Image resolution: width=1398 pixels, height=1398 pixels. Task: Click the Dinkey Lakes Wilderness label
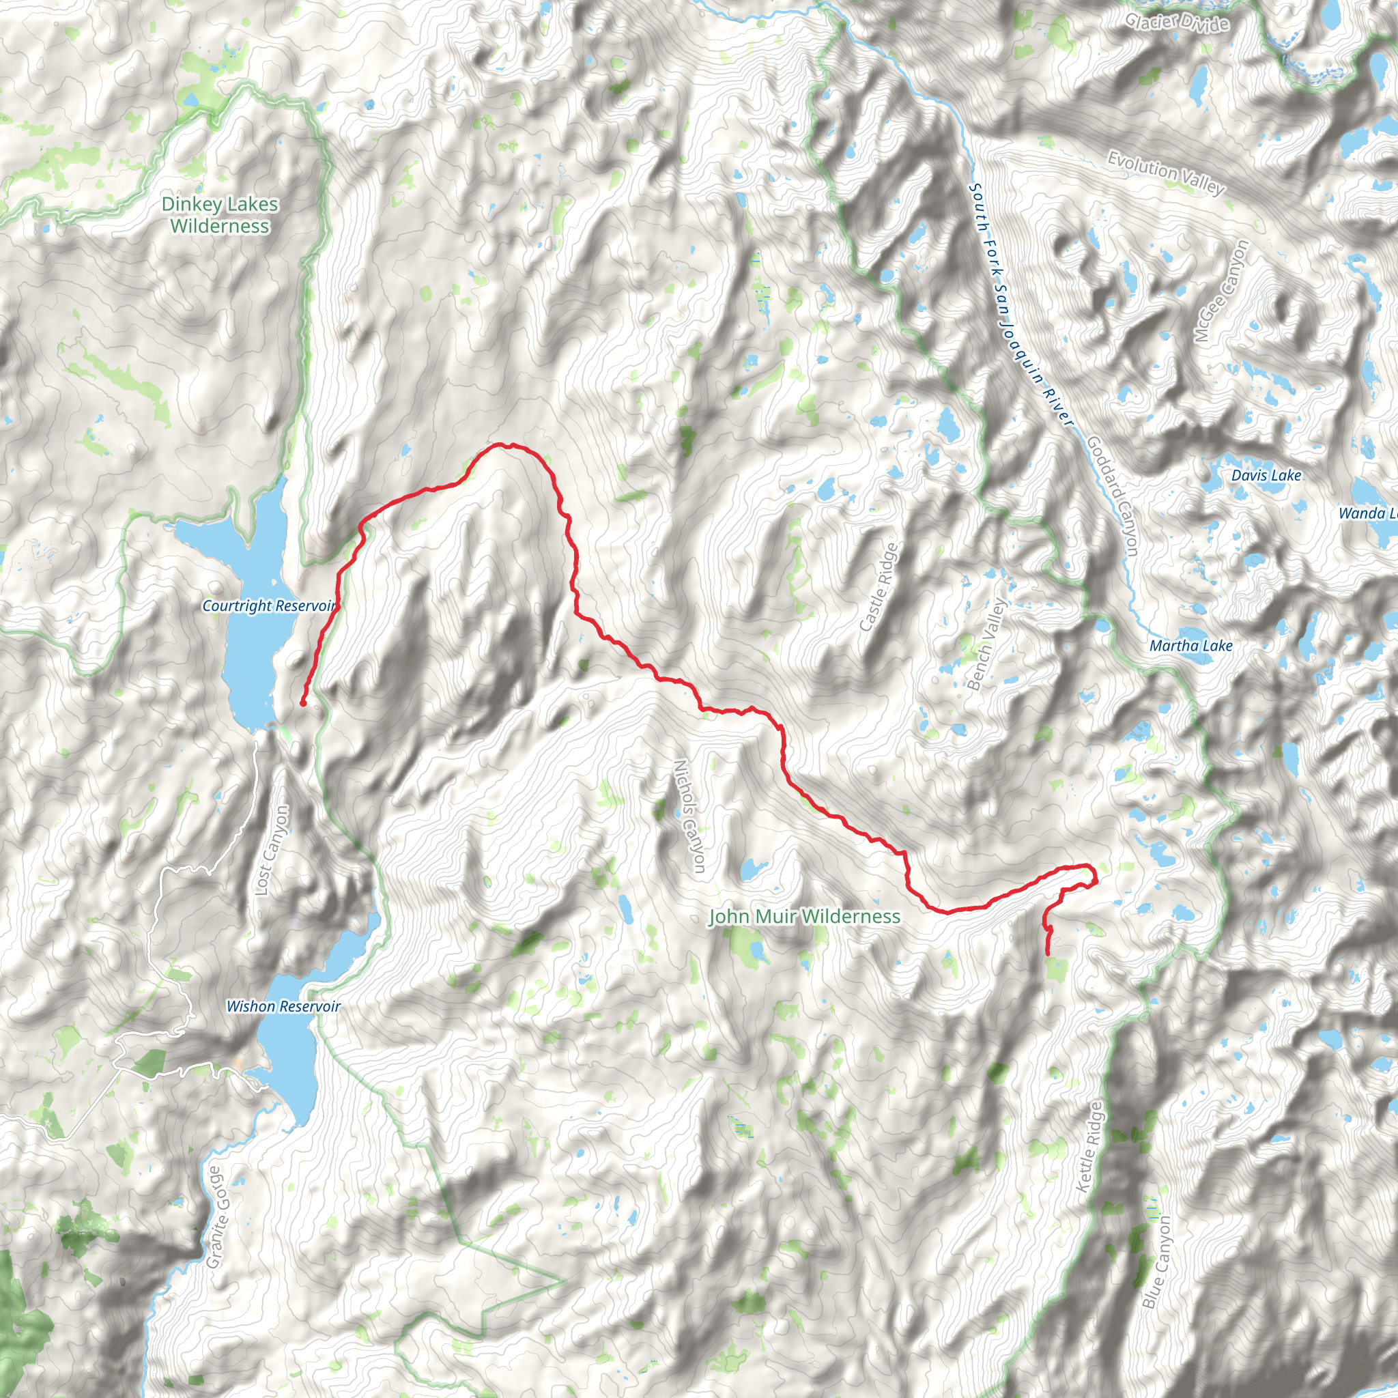pos(219,215)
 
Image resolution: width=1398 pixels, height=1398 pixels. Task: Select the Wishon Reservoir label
pos(283,1007)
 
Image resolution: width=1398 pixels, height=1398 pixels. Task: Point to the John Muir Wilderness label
pos(804,917)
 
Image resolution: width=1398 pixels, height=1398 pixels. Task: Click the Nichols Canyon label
pos(689,816)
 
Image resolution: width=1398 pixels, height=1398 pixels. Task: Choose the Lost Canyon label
pos(272,851)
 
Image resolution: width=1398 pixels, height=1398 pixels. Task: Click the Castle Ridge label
pos(879,587)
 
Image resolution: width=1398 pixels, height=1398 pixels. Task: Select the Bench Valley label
pos(986,643)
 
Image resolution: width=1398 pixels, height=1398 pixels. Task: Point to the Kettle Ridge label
pos(1088,1147)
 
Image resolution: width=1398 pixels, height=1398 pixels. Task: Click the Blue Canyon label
pos(1156,1261)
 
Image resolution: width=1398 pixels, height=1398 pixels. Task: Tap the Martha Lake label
pos(1191,646)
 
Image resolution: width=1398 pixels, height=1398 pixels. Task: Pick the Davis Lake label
pos(1266,475)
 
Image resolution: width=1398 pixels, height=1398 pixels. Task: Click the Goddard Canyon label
pos(1113,496)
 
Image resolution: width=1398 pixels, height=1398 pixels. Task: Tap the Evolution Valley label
pos(1167,173)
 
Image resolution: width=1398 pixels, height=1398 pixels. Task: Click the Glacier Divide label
pos(1177,23)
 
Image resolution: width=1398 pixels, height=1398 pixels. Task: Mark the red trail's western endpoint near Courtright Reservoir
pos(303,702)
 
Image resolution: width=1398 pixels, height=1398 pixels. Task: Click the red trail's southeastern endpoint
pos(1048,954)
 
